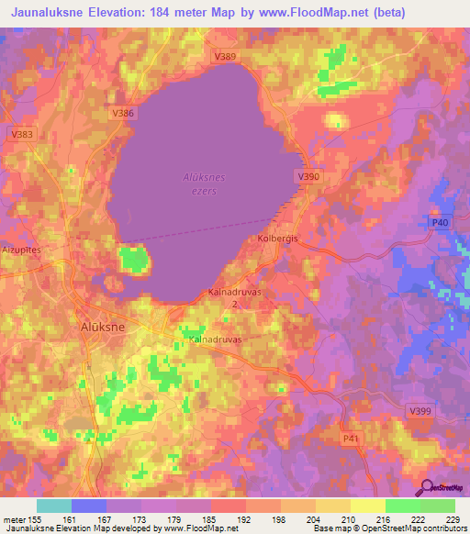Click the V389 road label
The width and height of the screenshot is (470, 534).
click(225, 57)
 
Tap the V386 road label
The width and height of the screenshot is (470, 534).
click(122, 113)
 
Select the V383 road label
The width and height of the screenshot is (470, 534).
click(24, 134)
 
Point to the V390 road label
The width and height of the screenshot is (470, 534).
click(308, 174)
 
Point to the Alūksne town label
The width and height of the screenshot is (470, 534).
click(104, 326)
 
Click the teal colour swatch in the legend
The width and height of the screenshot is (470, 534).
click(53, 506)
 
